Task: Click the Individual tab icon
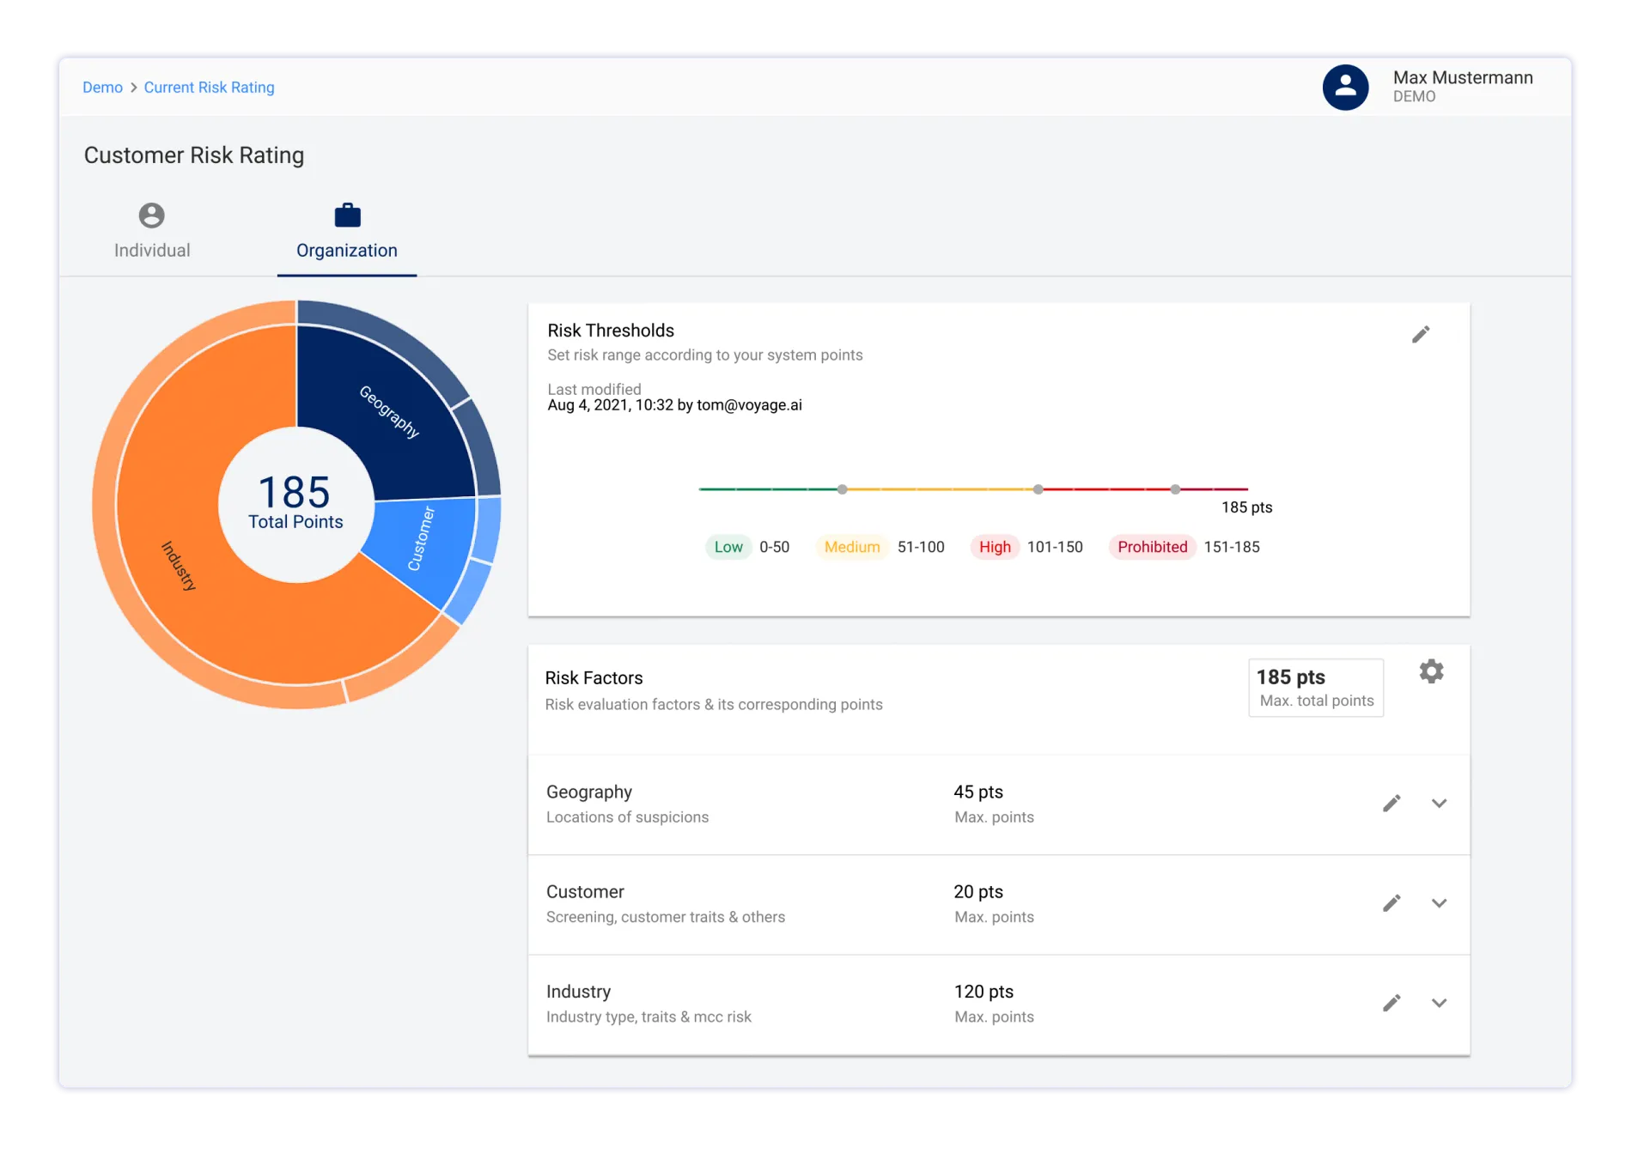152,215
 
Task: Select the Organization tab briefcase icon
347,215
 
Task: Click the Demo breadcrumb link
102,88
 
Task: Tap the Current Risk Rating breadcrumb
209,88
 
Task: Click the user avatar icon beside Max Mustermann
1345,87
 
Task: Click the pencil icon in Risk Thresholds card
1421,335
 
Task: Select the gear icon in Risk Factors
1431,671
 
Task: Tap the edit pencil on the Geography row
1391,804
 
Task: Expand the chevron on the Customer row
1440,903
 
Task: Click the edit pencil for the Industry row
1391,1003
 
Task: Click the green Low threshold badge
728,547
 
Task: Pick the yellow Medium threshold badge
852,547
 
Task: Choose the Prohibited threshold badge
1152,547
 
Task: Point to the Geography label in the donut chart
389,412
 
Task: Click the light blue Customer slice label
421,539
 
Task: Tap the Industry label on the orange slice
179,566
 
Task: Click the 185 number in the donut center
295,493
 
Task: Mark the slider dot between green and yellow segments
843,489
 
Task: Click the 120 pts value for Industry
983,992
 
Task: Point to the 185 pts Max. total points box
1315,688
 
